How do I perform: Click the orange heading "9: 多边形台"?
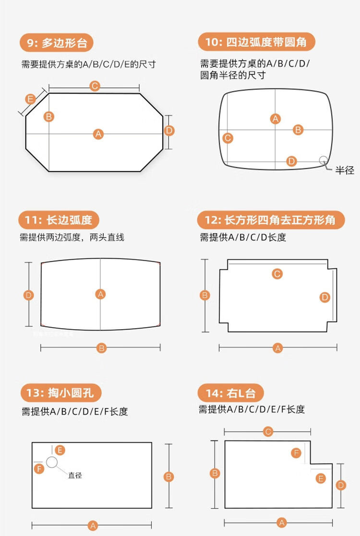point(57,43)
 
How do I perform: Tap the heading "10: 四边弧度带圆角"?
point(256,42)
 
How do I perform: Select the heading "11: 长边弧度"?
point(59,220)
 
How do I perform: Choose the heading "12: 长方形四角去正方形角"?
point(272,220)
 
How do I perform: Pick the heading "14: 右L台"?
point(230,393)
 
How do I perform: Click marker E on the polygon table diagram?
point(31,99)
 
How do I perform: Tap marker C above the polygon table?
point(95,86)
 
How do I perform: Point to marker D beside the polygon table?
point(169,131)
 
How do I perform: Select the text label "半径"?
point(344,170)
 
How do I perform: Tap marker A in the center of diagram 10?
point(276,119)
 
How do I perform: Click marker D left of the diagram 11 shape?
point(29,295)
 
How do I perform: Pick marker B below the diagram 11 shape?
point(101,348)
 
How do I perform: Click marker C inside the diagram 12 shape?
point(277,274)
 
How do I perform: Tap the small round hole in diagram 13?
point(52,462)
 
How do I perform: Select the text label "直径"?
point(75,475)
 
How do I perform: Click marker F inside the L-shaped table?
point(296,453)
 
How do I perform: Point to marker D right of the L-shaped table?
point(341,485)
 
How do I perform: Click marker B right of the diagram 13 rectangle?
point(168,476)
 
